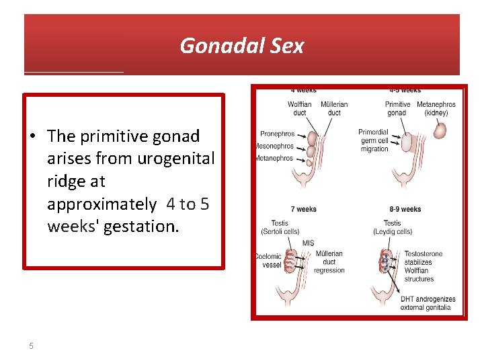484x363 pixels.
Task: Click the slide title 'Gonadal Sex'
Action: (242, 46)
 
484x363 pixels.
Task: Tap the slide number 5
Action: (31, 346)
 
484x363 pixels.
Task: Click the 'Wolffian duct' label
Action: (300, 108)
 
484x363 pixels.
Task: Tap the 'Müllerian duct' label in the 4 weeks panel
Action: (334, 108)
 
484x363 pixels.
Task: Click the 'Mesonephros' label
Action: (275, 146)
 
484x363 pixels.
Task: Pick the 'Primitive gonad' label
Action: (397, 108)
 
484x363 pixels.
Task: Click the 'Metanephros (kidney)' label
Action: (436, 108)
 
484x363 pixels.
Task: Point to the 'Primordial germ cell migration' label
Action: (374, 140)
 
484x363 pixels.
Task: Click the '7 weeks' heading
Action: (303, 209)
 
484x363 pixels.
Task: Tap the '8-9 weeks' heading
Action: (405, 209)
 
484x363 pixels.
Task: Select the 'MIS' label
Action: (308, 243)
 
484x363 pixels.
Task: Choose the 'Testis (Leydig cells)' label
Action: (393, 227)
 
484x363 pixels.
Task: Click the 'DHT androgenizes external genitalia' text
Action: (428, 303)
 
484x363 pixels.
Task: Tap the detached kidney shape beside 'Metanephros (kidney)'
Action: (440, 130)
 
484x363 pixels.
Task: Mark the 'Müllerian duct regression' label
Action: (329, 262)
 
